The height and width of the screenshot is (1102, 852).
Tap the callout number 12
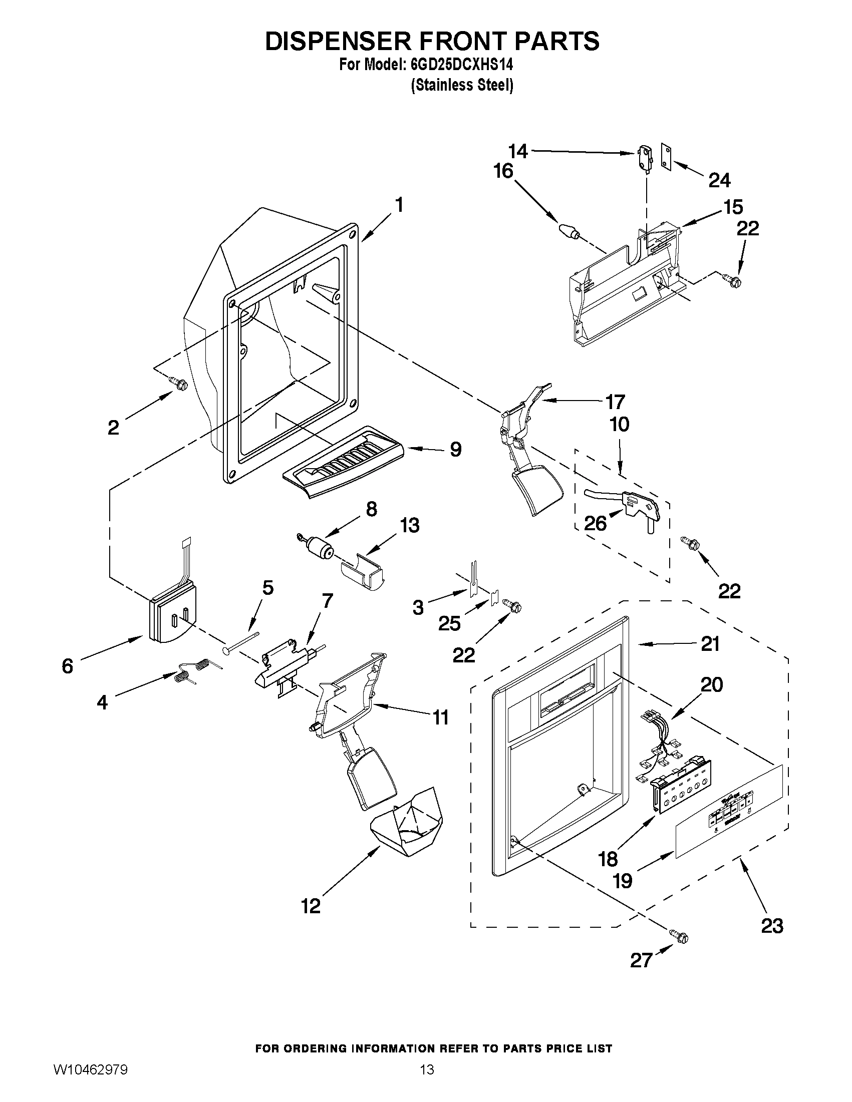(311, 906)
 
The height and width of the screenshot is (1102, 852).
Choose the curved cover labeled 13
(362, 571)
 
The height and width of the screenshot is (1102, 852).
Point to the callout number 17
(615, 402)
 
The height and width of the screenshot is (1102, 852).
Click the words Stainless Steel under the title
(462, 85)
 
